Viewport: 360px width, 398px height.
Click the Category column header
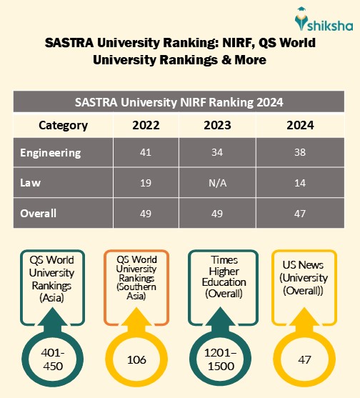point(63,126)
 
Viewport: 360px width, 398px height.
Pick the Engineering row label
point(51,153)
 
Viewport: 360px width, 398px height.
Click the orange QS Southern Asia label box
point(136,277)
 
